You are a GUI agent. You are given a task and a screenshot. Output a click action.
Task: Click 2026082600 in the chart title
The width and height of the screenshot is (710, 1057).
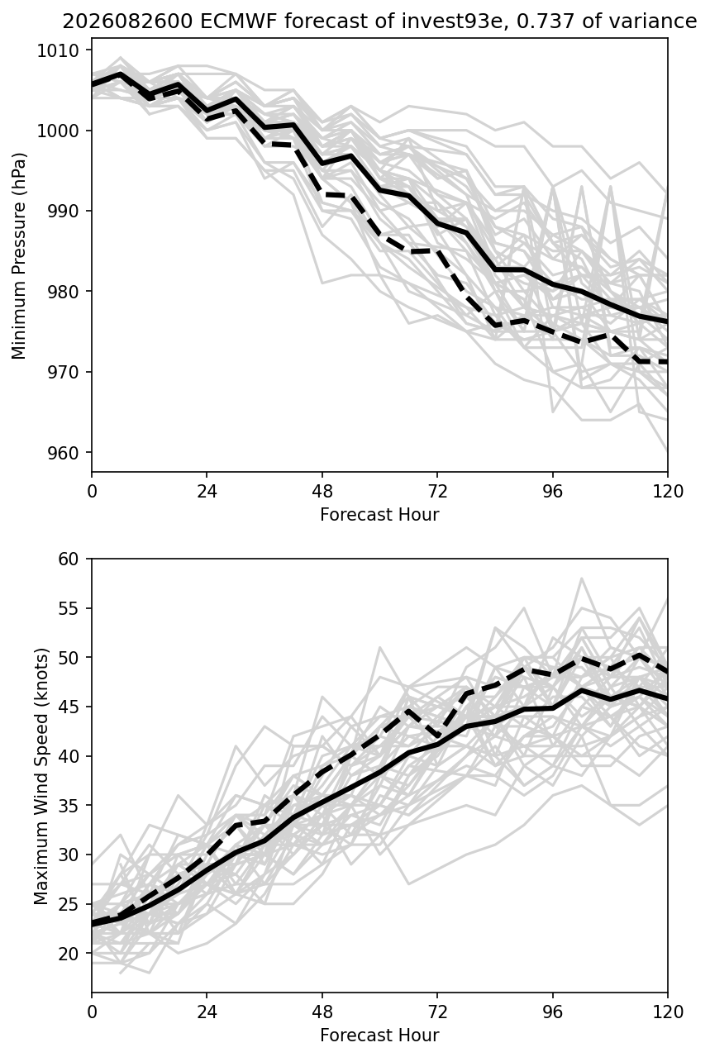(x=127, y=21)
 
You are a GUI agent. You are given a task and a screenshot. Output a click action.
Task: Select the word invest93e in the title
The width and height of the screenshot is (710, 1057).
(x=452, y=21)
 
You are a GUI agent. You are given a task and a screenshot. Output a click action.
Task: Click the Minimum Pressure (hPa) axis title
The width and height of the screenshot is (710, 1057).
(x=19, y=255)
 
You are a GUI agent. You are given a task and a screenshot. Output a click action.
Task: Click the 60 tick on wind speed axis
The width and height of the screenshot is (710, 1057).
(x=69, y=559)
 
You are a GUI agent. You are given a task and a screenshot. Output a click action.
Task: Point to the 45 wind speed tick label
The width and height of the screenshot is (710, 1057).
(x=69, y=707)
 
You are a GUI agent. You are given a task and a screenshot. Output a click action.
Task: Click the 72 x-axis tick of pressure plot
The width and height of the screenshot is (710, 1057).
(x=437, y=492)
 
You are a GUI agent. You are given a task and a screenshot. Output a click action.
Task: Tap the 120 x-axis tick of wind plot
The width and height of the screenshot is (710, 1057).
(x=667, y=1012)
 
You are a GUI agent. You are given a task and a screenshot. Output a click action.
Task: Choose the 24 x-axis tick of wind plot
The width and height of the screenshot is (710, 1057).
(x=207, y=1012)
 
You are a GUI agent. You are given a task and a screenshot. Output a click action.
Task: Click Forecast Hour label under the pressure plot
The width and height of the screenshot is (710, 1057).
(x=379, y=514)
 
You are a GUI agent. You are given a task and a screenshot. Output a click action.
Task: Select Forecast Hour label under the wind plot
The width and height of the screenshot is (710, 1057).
(x=379, y=1036)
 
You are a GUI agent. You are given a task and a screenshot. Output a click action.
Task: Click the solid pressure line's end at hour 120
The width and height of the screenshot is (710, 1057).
(x=667, y=321)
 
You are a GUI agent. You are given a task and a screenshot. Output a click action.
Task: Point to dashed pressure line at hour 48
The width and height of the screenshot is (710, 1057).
(x=322, y=194)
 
